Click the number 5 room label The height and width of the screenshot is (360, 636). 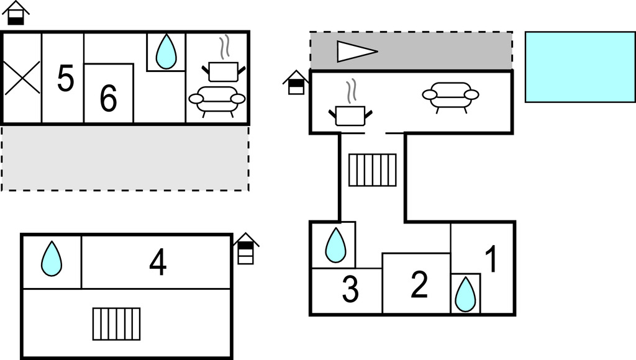coord(65,78)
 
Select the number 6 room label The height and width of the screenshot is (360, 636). coord(108,98)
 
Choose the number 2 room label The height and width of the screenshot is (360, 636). coord(420,284)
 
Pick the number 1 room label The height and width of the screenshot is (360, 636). coord(491,259)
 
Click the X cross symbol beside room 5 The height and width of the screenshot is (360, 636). coord(22,78)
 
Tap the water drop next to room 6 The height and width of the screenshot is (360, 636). coord(166,52)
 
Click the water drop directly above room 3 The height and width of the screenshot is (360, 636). coord(335,245)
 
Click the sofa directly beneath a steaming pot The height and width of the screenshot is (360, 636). coord(217,99)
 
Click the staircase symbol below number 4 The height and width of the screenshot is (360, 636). coord(116,324)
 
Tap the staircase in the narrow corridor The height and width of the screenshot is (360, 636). coord(372,170)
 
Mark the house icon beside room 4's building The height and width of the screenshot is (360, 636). coord(246,248)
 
